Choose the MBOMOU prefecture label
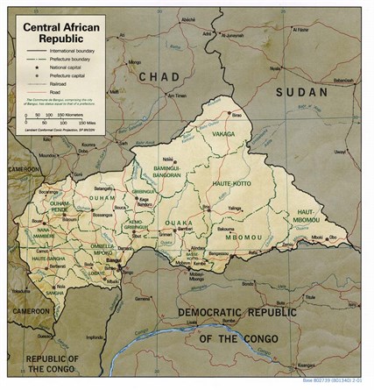point(234,236)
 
